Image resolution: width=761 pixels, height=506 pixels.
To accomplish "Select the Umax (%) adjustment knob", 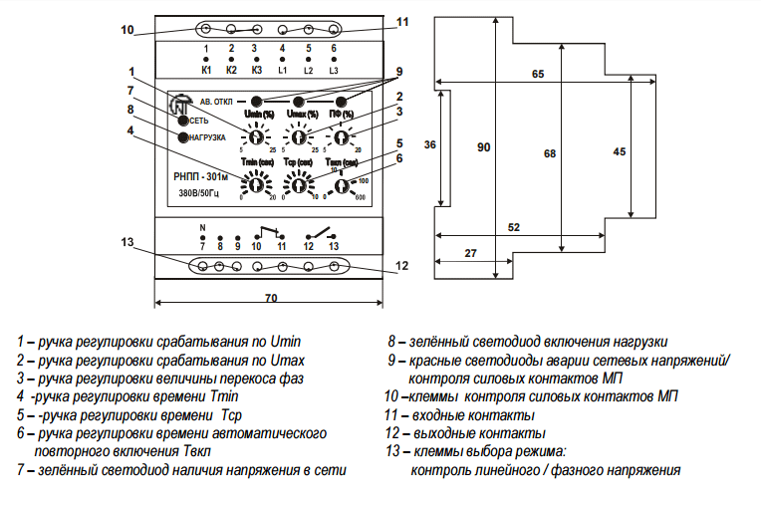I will (x=299, y=137).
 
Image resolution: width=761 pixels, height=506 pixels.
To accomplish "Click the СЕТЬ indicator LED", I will (x=182, y=121).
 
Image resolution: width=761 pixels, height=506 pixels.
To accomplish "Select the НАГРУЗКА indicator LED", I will (x=182, y=136).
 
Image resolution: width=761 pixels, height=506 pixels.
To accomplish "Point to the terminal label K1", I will (x=206, y=71).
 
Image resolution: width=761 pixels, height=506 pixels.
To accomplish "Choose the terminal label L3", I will (x=334, y=71).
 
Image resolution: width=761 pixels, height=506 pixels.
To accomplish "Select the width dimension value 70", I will (x=270, y=299).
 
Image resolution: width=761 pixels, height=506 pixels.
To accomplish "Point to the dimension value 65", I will (x=538, y=75).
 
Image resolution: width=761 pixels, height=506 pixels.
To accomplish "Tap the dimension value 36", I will (x=429, y=144).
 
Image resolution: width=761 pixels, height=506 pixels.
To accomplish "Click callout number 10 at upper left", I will (x=127, y=29).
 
